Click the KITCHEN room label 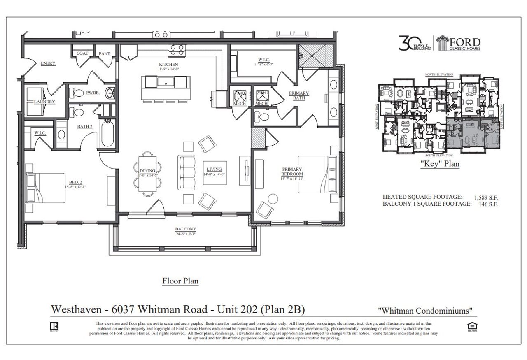(168, 65)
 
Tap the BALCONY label (185, 229)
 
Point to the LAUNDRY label (44, 102)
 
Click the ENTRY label (48, 63)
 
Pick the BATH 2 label (84, 126)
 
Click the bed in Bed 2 (46, 188)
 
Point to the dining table (147, 172)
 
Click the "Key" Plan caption (439, 164)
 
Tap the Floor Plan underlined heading (180, 281)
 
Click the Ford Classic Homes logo (459, 43)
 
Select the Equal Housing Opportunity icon (473, 326)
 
